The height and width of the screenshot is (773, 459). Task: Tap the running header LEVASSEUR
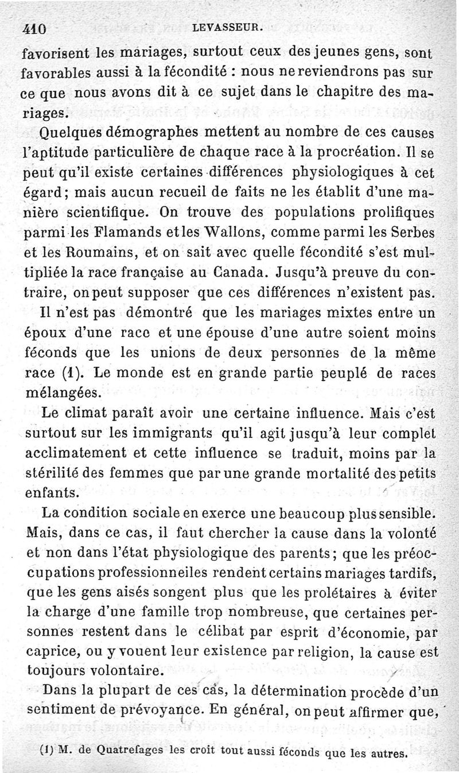228,25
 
